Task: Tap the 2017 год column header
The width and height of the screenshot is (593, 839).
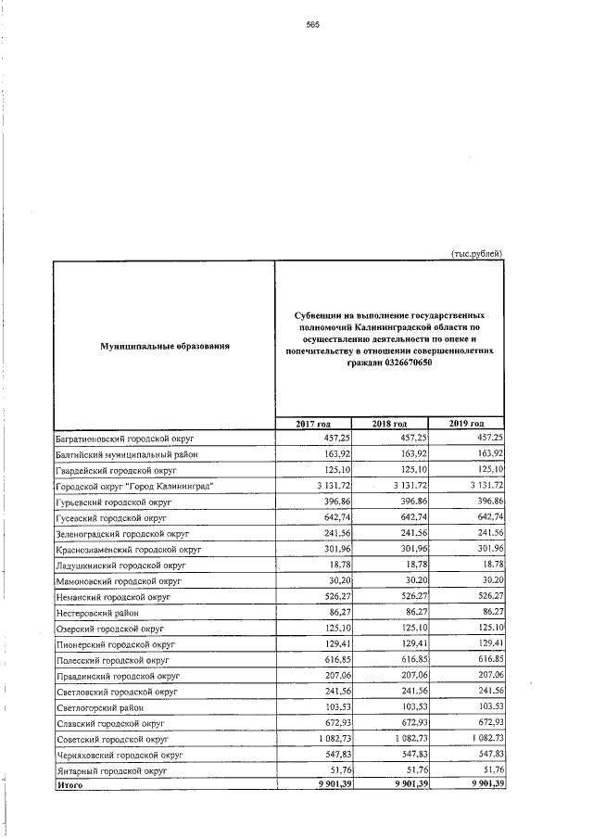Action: click(x=313, y=424)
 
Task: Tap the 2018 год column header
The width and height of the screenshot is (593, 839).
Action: click(x=390, y=424)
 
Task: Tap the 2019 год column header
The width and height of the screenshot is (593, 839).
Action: click(x=466, y=424)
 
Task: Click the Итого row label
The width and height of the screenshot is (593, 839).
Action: click(x=69, y=785)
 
